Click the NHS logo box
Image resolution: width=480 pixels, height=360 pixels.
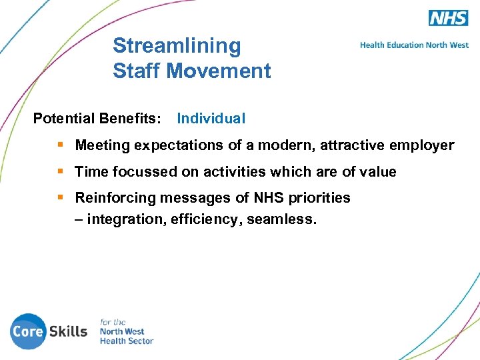pos(448,18)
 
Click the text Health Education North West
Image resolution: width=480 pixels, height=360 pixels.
pos(414,45)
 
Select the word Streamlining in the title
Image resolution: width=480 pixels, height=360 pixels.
pos(177,46)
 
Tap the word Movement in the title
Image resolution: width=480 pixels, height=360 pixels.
pos(229,71)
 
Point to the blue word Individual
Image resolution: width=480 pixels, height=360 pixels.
pos(211,119)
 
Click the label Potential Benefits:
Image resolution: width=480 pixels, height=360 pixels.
pos(97,119)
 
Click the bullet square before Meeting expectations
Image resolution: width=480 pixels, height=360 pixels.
pos(61,145)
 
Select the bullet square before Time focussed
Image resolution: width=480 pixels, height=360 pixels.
pos(61,171)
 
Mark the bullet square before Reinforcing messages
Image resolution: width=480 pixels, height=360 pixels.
pos(61,197)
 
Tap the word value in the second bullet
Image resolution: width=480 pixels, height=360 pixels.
pos(378,172)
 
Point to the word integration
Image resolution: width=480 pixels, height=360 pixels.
pos(125,219)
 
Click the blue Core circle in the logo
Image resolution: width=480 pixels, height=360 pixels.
pos(27,331)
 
